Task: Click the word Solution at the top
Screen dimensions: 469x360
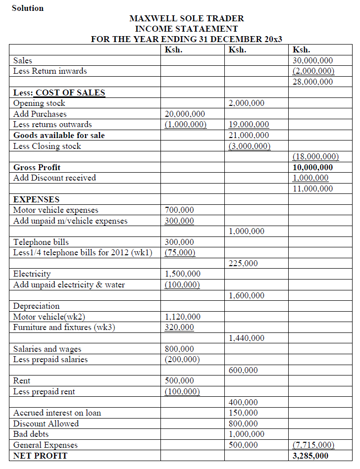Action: point(28,8)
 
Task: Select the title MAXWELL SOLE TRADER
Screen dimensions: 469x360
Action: point(186,18)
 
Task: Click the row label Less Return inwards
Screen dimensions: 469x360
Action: point(50,71)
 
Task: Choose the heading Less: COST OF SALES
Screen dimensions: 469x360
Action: point(59,93)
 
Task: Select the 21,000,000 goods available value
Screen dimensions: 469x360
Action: point(249,135)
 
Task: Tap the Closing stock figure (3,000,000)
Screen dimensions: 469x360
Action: point(249,146)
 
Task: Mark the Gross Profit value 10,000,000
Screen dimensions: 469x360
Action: point(312,167)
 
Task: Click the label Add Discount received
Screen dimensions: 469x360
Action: point(54,178)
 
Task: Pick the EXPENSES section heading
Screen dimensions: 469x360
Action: point(36,199)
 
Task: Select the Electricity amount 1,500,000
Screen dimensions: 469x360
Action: point(182,274)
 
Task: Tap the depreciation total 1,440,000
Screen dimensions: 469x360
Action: point(246,338)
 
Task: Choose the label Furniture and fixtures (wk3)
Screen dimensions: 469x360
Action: point(64,328)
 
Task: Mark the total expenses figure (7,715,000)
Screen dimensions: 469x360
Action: point(313,445)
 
